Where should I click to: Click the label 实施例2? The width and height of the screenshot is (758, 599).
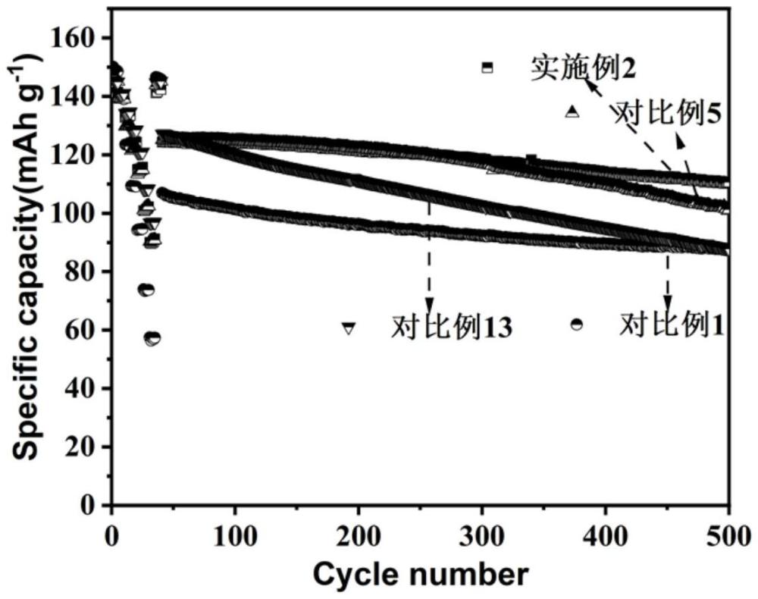[x=582, y=69]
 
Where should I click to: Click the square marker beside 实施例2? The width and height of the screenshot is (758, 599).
[x=487, y=67]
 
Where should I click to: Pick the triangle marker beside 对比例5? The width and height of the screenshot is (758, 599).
[x=572, y=111]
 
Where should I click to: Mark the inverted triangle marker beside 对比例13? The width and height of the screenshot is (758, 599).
[x=349, y=328]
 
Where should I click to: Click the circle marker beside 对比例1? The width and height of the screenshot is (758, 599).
[x=577, y=325]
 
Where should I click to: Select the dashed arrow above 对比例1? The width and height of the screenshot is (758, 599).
[x=668, y=277]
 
